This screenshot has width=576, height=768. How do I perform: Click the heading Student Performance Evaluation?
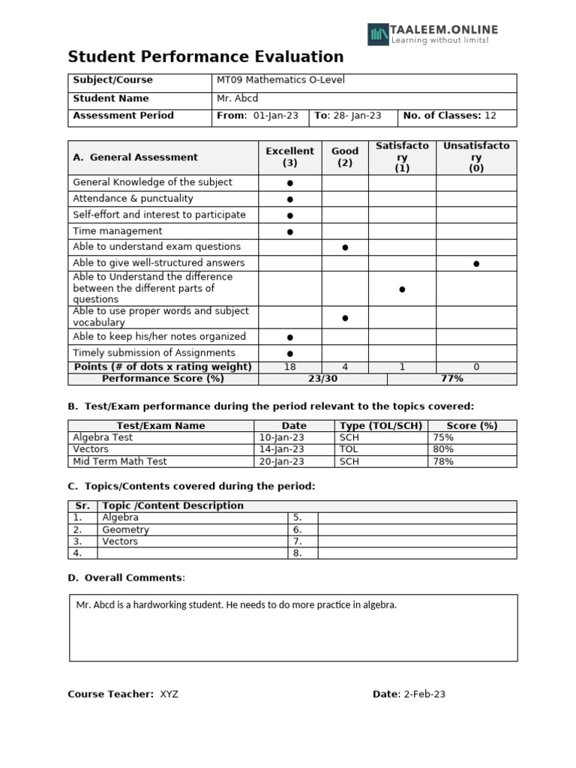click(x=205, y=57)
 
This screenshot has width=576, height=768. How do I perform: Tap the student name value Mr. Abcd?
click(x=237, y=98)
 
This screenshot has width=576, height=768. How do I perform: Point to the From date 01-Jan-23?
click(x=275, y=115)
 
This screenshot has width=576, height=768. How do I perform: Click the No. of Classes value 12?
click(x=490, y=115)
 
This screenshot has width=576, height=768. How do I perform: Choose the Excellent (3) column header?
click(x=289, y=157)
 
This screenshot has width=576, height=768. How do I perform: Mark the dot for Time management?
click(x=289, y=232)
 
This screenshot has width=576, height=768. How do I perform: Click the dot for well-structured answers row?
click(x=476, y=263)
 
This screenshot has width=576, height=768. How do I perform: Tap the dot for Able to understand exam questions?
click(x=345, y=247)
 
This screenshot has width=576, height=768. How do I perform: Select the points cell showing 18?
click(x=289, y=367)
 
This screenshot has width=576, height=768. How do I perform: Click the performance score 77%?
click(x=451, y=379)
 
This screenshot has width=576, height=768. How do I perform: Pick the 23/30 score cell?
click(x=322, y=379)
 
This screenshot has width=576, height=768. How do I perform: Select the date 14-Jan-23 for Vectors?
click(x=281, y=449)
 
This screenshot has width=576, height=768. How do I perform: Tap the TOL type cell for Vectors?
click(x=349, y=449)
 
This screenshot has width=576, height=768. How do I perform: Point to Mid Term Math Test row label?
click(x=119, y=461)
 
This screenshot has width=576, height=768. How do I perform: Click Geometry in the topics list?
click(x=125, y=529)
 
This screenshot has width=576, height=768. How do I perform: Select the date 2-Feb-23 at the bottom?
click(x=424, y=694)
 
